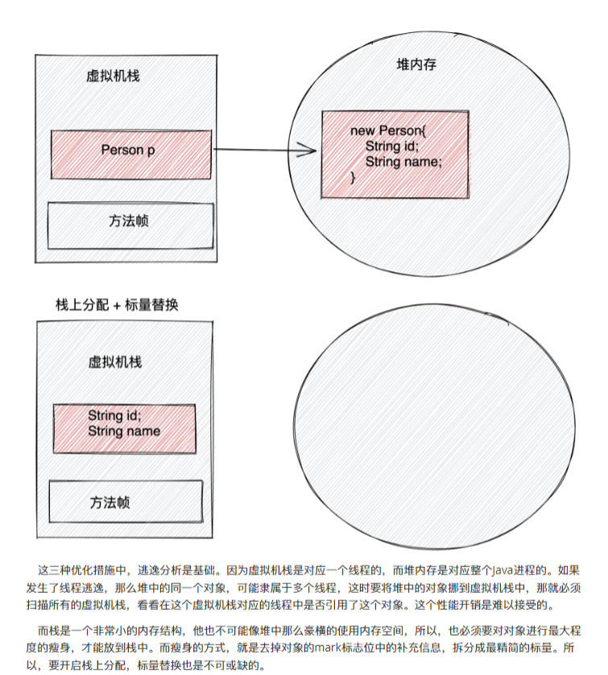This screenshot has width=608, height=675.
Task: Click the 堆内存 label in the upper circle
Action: pos(417,64)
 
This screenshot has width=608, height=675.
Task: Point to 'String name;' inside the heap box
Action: pos(403,162)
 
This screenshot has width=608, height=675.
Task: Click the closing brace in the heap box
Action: pos(353,177)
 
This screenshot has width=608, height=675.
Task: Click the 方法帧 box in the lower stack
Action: pos(125,503)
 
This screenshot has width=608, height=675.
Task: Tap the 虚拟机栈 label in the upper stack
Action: pos(114,76)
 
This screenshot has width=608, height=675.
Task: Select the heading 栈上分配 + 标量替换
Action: pos(116,304)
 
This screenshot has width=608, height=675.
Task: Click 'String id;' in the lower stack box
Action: pos(114,416)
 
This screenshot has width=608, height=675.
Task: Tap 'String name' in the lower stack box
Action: pos(124,431)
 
